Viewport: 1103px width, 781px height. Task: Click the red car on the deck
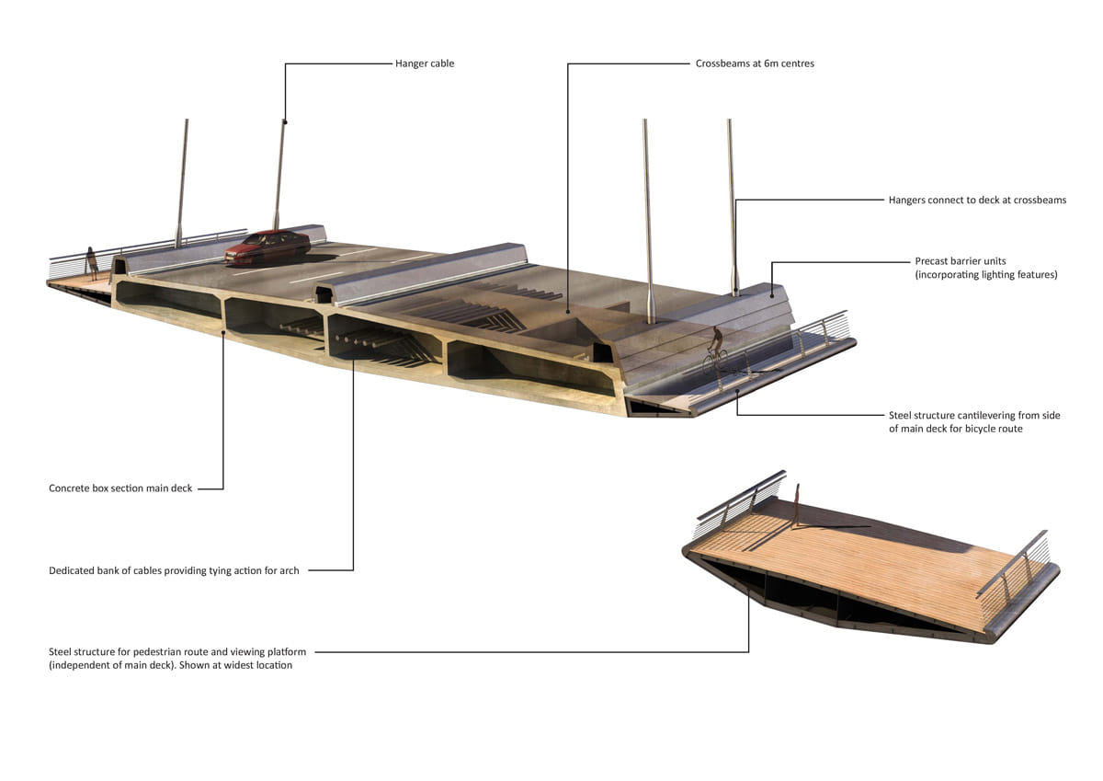pos(267,247)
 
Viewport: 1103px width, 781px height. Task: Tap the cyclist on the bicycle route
pos(715,350)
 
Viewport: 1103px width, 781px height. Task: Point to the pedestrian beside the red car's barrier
pos(92,264)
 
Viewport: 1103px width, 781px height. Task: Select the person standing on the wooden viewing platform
pos(796,505)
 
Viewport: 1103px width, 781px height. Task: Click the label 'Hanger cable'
pos(425,63)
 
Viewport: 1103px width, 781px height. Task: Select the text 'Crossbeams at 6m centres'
pos(755,63)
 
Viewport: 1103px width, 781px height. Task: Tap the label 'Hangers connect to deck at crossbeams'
pos(977,200)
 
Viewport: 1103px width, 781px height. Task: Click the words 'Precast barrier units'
pos(961,261)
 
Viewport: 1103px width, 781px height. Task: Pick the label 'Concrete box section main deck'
pos(120,488)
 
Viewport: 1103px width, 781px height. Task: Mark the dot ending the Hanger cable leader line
pos(285,121)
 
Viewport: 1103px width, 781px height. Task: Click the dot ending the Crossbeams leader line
pos(568,312)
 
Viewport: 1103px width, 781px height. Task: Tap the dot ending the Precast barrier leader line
pos(771,296)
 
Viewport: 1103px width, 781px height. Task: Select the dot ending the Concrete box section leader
pos(223,333)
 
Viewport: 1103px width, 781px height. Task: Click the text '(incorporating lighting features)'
pos(985,274)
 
